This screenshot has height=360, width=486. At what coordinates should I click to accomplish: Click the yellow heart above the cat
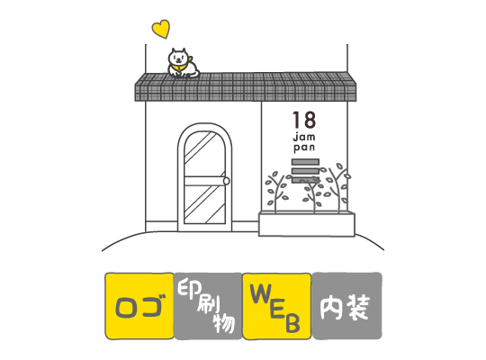(161, 29)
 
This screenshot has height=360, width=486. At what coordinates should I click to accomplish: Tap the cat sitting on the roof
(183, 63)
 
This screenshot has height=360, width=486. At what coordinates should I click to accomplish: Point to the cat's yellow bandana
(180, 67)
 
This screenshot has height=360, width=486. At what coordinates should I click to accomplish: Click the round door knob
(227, 181)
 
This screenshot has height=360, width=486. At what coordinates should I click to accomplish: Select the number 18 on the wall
(304, 120)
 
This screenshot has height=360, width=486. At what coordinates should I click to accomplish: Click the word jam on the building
(304, 136)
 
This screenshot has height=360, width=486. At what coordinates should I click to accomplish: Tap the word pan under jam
(304, 147)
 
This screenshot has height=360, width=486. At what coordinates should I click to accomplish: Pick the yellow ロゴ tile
(139, 306)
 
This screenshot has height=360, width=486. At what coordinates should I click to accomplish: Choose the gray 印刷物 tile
(208, 306)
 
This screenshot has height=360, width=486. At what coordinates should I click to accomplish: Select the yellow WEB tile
(277, 306)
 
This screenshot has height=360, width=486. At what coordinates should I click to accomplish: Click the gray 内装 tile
(346, 306)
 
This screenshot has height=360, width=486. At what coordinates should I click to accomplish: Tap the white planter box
(307, 224)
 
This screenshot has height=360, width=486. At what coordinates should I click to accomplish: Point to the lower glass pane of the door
(204, 204)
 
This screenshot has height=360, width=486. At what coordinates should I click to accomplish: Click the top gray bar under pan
(305, 162)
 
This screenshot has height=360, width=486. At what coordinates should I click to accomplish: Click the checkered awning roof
(246, 86)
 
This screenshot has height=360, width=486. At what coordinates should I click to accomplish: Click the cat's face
(178, 58)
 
